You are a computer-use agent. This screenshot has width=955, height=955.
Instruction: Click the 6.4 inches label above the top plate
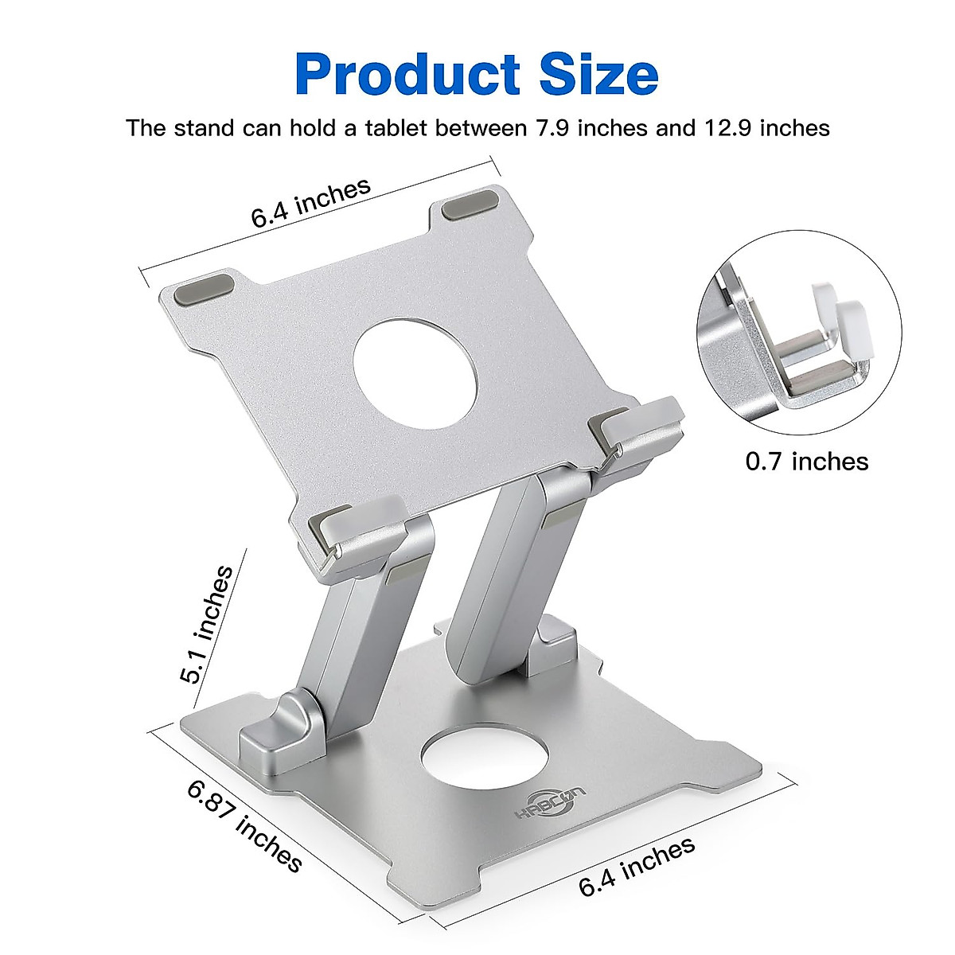[x=311, y=203]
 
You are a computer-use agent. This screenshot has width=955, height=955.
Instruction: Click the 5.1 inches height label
[x=206, y=625]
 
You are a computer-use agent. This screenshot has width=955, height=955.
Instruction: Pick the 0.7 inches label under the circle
[x=806, y=462]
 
